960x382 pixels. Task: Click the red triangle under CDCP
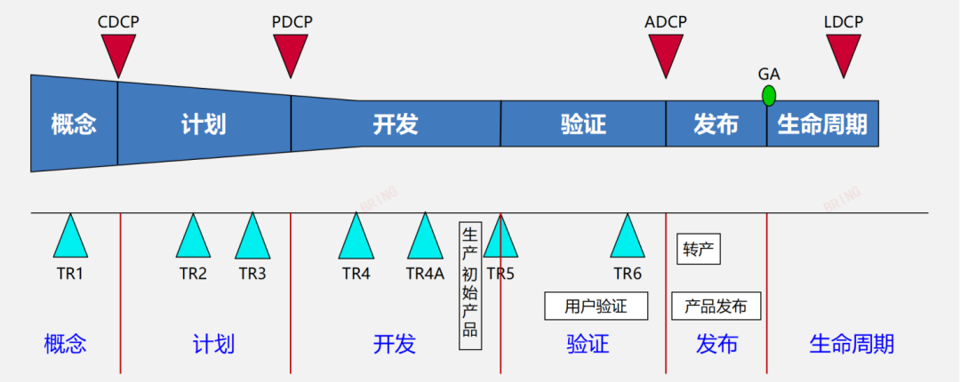[x=118, y=52]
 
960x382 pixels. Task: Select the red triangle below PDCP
[x=291, y=52]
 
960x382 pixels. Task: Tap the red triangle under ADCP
[x=666, y=52]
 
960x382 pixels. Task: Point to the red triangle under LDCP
[x=844, y=52]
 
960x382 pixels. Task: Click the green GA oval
[x=768, y=95]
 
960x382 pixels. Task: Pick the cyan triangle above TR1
[x=70, y=238]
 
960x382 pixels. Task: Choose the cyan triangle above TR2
[x=193, y=238]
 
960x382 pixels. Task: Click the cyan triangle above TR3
[x=252, y=238]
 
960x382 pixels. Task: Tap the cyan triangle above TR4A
[x=425, y=238]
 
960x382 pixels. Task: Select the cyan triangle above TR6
[x=628, y=238]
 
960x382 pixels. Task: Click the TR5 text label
[x=500, y=274]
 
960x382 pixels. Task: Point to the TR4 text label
[x=356, y=274]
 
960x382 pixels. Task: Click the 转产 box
[x=698, y=250]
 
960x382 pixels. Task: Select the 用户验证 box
[x=596, y=306]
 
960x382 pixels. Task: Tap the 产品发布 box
[x=716, y=306]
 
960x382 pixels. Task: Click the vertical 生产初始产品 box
[x=470, y=285]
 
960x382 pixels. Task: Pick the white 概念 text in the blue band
[x=73, y=123]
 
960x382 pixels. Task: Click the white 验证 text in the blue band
[x=583, y=123]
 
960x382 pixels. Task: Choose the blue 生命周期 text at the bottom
[x=851, y=344]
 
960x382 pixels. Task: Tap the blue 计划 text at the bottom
[x=213, y=344]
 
